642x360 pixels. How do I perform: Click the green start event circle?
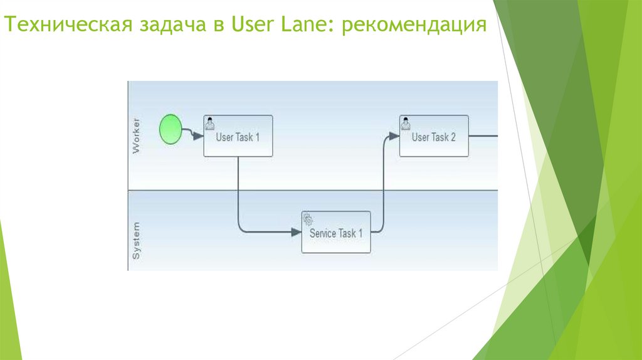pos(169,129)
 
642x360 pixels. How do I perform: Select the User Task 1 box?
pos(238,135)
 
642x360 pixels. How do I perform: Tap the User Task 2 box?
pos(434,135)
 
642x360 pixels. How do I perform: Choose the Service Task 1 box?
pos(335,232)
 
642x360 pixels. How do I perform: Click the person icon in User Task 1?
pos(210,122)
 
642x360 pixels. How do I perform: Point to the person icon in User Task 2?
pos(406,122)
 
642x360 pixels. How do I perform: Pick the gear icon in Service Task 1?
pos(308,219)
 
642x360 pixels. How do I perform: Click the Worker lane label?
pos(136,135)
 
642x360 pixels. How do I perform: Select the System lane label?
pos(136,240)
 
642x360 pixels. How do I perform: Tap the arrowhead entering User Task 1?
pos(198,136)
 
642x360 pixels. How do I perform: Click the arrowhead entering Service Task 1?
pos(296,232)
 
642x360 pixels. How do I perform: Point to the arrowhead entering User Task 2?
pos(394,135)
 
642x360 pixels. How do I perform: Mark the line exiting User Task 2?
pos(483,135)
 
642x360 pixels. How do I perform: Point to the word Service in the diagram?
pos(324,233)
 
